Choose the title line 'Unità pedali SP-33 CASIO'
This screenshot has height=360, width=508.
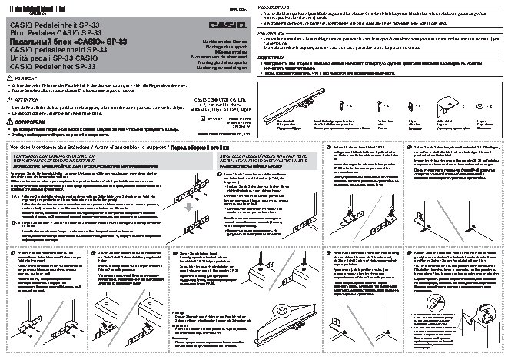[x=49, y=58]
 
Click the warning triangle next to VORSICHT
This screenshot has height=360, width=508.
[x=10, y=78]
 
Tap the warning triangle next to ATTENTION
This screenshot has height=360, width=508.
[x=10, y=100]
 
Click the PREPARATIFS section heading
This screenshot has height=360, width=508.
[x=274, y=35]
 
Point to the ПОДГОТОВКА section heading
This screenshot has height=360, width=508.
[x=274, y=58]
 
